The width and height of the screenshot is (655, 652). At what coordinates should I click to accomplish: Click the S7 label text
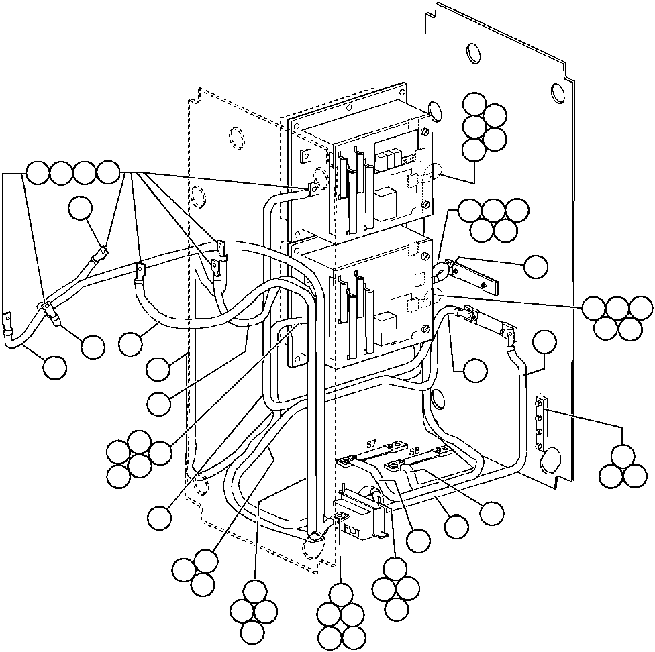tap(371, 443)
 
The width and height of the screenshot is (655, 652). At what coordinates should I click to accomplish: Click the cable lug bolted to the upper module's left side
tap(311, 191)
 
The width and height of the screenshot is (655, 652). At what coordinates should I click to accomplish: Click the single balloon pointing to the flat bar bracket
tap(536, 266)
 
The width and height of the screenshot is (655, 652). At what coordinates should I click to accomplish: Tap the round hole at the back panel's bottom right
tap(550, 459)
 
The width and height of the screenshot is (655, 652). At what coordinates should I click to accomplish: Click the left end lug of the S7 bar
tap(346, 461)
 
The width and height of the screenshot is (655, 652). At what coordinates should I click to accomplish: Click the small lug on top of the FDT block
tap(342, 516)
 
